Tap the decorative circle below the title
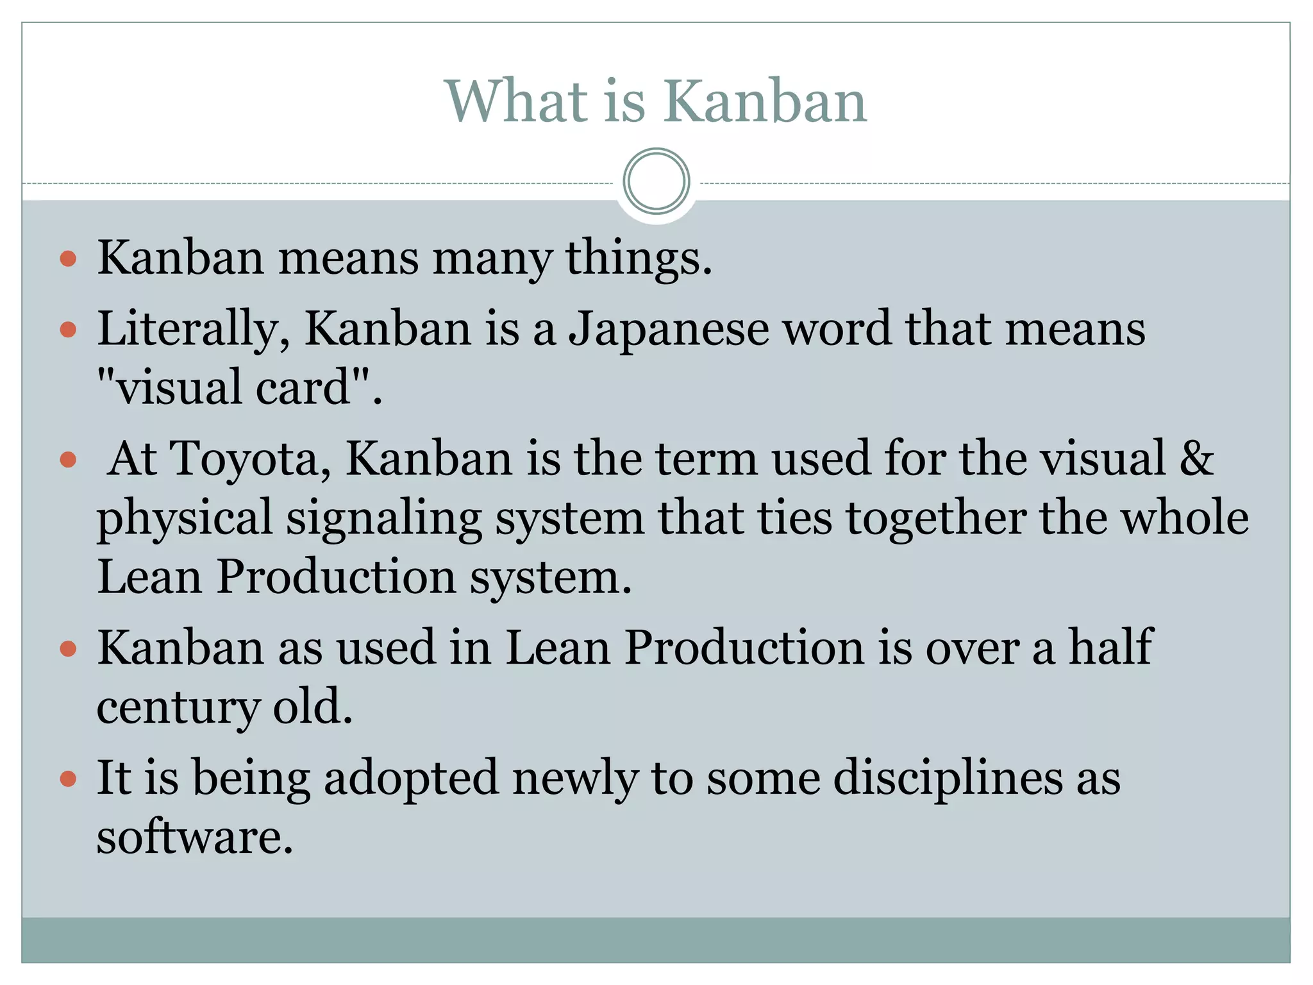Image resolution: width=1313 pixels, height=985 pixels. pos(656,181)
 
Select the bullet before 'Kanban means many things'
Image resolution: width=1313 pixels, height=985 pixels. pos(68,259)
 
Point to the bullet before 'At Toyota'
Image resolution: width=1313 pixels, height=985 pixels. pos(68,460)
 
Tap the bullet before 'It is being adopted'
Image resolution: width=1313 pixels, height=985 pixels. pos(68,779)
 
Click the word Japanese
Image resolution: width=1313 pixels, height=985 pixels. pos(669,330)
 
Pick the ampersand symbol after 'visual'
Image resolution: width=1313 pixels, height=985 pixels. pos(1196,459)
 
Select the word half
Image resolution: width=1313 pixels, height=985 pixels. pos(1110,648)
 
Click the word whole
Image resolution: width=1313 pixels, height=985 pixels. pos(1184,518)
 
